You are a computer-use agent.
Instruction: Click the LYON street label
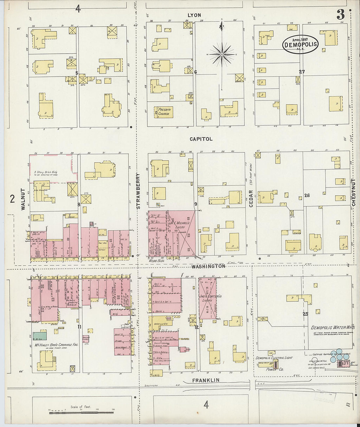194,15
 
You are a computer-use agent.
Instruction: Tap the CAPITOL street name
201,139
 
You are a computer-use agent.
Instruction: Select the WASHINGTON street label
208,266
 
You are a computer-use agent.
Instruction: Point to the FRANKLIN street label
206,381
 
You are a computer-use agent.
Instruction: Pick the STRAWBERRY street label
138,191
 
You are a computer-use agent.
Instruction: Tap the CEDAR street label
251,198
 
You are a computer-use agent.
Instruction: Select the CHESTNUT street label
354,192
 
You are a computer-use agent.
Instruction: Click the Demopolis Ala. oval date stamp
300,44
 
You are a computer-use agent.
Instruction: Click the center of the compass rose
222,54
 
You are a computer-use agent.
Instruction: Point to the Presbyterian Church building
164,112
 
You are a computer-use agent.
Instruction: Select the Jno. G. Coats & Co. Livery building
207,298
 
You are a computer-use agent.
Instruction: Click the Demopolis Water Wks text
333,328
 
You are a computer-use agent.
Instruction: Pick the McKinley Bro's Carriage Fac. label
56,345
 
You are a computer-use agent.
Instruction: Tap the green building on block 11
39,336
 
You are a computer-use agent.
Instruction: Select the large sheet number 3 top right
340,14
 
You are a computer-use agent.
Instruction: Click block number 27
301,72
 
